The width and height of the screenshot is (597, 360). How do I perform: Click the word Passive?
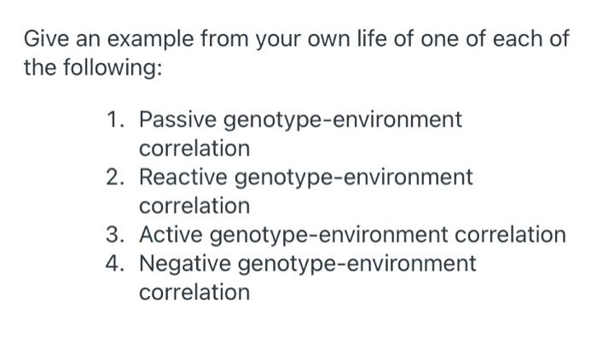pyautogui.click(x=178, y=119)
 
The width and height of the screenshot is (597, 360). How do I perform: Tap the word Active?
pyautogui.click(x=173, y=235)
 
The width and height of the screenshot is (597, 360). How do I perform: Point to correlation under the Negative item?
pyautogui.click(x=194, y=293)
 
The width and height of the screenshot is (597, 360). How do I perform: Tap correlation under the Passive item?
pyautogui.click(x=194, y=148)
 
